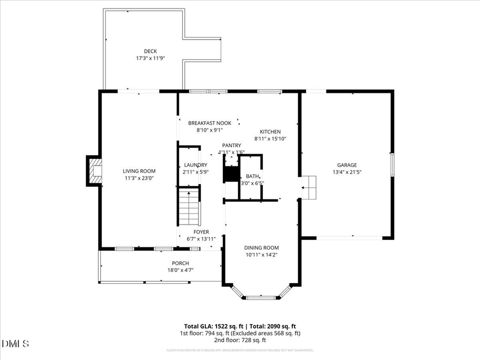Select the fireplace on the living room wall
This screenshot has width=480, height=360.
95,171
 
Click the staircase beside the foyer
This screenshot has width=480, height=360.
189,206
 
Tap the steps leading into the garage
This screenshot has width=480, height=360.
309,187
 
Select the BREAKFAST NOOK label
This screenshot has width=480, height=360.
210,123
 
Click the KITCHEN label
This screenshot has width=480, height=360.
270,132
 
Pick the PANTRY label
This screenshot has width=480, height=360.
231,145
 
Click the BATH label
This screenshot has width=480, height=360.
252,177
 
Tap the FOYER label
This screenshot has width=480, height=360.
201,232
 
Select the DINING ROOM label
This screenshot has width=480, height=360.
261,247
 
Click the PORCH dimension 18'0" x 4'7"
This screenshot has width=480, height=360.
180,270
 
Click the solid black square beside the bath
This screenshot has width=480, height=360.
231,174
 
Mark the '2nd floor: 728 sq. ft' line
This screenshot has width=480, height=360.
239,340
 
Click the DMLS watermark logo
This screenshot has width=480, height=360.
16,343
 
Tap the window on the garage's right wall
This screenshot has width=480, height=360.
392,164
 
